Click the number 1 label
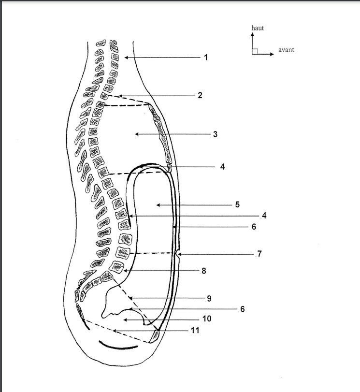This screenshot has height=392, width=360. pyautogui.click(x=206, y=58)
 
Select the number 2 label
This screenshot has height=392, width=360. pyautogui.click(x=200, y=95)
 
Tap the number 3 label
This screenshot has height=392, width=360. pyautogui.click(x=215, y=134)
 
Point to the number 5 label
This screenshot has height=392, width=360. pyautogui.click(x=237, y=205)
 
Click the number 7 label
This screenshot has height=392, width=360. pyautogui.click(x=259, y=254)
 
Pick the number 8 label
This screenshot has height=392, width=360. pyautogui.click(x=204, y=271)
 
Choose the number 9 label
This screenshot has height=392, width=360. pyautogui.click(x=209, y=299)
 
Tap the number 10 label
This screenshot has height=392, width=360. pyautogui.click(x=207, y=319)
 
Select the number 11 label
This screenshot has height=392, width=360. pyautogui.click(x=195, y=331)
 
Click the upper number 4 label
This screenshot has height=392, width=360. pyautogui.click(x=222, y=167)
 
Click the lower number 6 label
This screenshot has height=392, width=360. pyautogui.click(x=242, y=309)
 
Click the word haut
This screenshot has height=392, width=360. pyautogui.click(x=258, y=28)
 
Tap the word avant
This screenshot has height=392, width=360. pyautogui.click(x=286, y=50)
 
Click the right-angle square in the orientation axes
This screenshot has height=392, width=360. pyautogui.click(x=255, y=51)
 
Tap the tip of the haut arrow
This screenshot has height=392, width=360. pyautogui.click(x=252, y=33)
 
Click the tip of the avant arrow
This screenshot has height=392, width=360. pyautogui.click(x=274, y=54)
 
